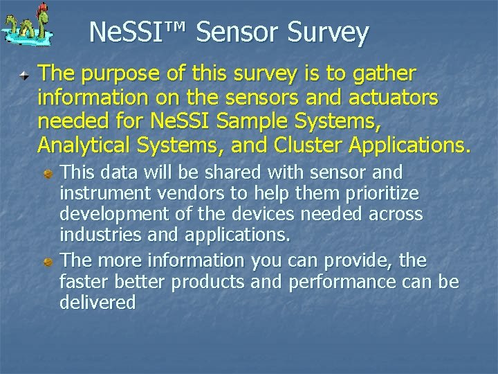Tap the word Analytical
tap(83, 146)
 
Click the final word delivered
tap(98, 302)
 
